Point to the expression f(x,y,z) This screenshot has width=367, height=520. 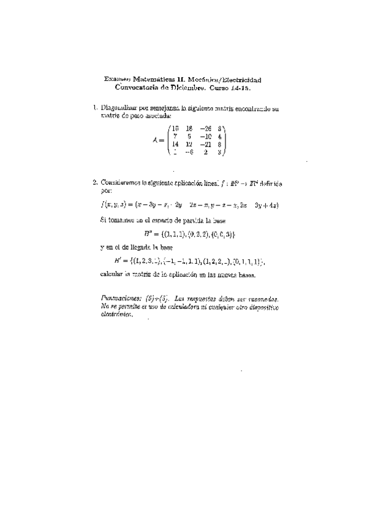112,205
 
